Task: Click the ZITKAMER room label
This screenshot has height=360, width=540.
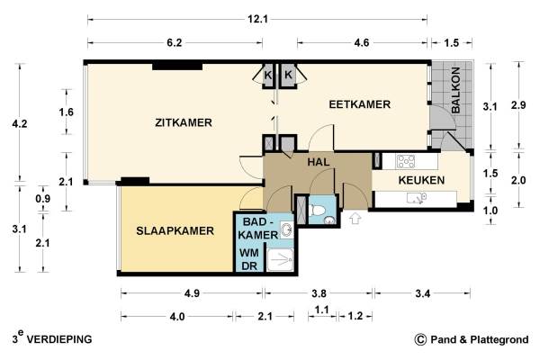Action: point(184,122)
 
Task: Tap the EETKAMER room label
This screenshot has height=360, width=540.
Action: point(359,104)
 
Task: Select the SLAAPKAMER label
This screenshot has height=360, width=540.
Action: point(175,230)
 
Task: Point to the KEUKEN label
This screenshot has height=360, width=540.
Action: point(421,180)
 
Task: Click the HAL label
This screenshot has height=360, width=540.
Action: point(319,162)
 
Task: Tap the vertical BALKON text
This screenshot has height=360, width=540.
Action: point(455,90)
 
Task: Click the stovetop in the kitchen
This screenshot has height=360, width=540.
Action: point(406,161)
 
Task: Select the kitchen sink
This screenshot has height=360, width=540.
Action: point(417,198)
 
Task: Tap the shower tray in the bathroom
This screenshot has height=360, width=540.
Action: point(280,260)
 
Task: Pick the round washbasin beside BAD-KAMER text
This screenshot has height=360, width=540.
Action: point(286,229)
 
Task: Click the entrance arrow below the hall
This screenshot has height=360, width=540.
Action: point(355,219)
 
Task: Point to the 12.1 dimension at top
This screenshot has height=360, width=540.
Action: point(257,19)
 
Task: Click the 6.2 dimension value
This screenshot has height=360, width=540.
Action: point(175,42)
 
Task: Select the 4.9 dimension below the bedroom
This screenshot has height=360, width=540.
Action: point(192,293)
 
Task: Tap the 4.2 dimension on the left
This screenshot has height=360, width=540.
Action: point(19,123)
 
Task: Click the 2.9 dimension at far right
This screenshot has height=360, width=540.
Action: point(518,105)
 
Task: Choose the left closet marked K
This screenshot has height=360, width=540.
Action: point(267,75)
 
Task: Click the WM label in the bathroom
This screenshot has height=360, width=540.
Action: point(249,253)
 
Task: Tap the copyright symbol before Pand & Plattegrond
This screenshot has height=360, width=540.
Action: point(420,339)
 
